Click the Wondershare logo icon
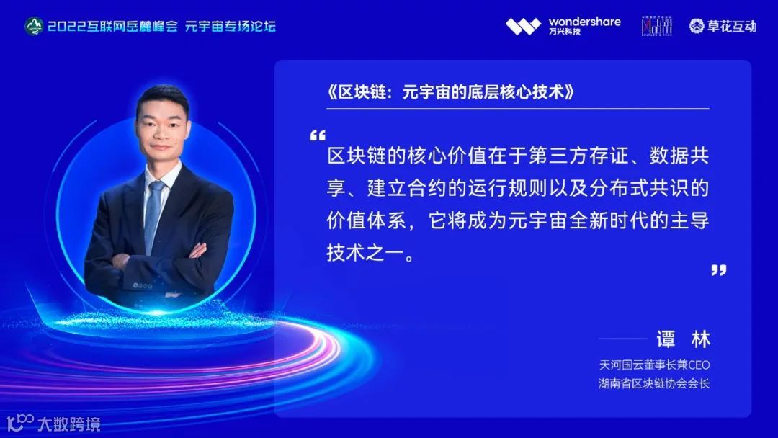pos(522,27)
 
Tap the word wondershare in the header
pos(584,22)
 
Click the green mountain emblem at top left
pos(34,27)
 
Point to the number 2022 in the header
pos(65,27)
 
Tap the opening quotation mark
pos(317,135)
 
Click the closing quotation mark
pos(718,269)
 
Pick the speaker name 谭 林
pos(682,339)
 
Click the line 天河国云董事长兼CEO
pos(654,365)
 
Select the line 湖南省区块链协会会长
pos(654,383)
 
